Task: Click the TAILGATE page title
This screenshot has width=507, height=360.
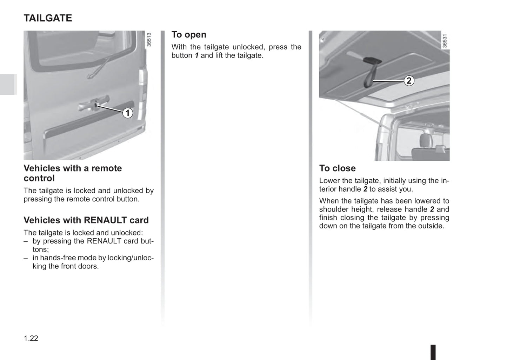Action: point(48,18)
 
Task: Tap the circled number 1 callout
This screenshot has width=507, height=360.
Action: point(127,113)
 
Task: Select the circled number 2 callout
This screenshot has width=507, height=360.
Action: point(409,81)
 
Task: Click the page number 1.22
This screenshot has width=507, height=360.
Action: point(31,338)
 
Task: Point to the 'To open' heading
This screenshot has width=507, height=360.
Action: point(189,35)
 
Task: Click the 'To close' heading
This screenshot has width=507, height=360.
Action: point(337,168)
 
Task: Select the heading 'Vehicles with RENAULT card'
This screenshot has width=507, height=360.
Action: point(86,220)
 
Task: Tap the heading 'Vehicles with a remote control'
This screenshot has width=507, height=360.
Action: point(73,173)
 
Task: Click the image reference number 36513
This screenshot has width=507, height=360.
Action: point(149,40)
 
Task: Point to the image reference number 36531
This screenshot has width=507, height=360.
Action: point(445,41)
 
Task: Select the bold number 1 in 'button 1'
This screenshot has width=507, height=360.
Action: point(197,55)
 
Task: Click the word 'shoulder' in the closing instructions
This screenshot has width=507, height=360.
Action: point(333,209)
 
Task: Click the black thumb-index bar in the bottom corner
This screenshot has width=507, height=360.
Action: point(433,352)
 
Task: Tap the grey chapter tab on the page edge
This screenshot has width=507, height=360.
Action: point(8,84)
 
